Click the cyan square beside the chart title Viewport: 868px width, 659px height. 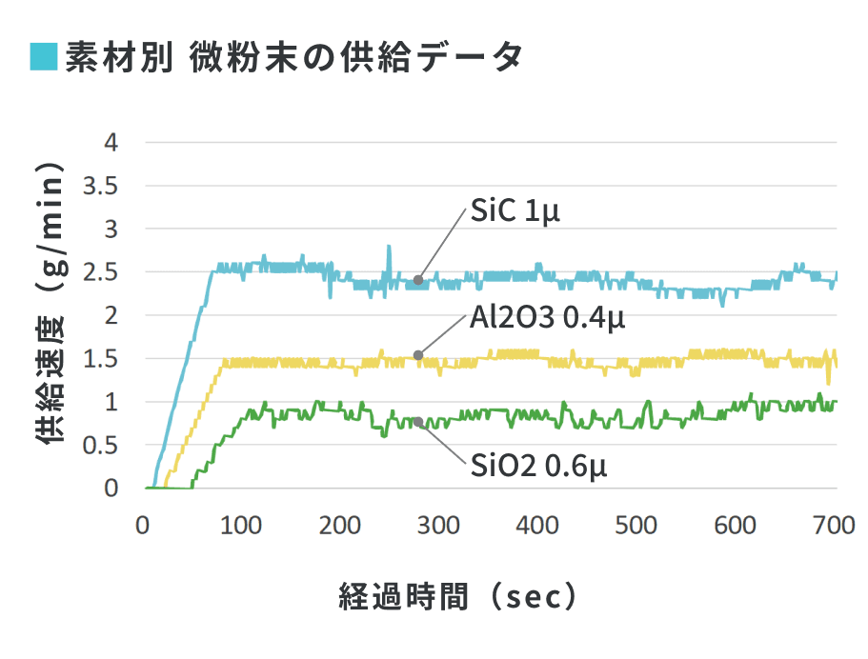pyautogui.click(x=45, y=58)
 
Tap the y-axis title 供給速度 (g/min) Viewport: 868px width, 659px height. pyautogui.click(x=50, y=305)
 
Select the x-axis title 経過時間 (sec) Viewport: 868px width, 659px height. pyautogui.click(x=458, y=597)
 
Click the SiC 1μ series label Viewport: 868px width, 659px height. pyautogui.click(x=515, y=211)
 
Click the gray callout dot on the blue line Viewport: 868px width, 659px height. pyautogui.click(x=418, y=281)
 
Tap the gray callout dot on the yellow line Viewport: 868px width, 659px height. pyautogui.click(x=418, y=356)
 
